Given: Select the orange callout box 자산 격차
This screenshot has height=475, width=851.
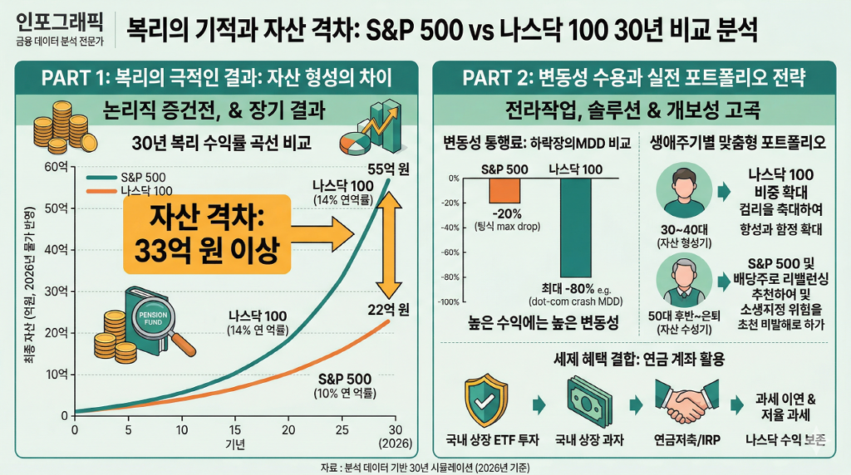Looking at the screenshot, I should pyautogui.click(x=205, y=233).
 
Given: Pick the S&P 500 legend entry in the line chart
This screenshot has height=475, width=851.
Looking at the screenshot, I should pyautogui.click(x=123, y=177).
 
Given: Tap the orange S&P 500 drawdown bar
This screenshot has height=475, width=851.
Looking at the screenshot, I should pyautogui.click(x=505, y=190).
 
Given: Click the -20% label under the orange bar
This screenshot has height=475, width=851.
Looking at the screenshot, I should pyautogui.click(x=505, y=213).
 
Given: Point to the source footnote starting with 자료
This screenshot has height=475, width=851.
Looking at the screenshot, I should pyautogui.click(x=425, y=466).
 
